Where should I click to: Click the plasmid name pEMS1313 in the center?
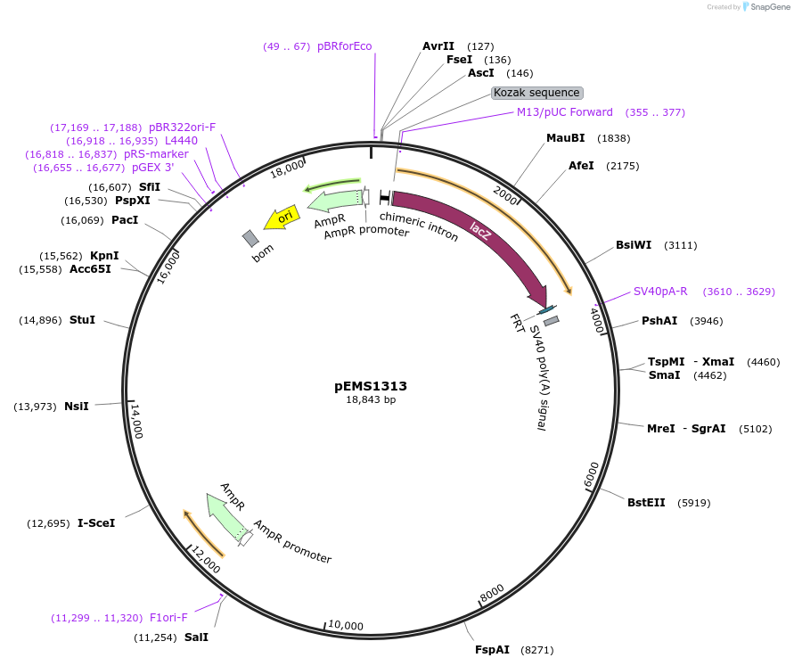click(371, 386)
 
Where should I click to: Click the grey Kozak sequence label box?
click(537, 93)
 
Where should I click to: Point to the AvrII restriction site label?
click(438, 46)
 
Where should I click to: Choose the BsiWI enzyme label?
click(633, 245)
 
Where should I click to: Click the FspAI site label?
click(492, 650)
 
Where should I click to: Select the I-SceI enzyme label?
click(96, 523)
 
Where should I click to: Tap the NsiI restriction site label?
click(77, 407)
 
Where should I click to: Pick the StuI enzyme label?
click(82, 320)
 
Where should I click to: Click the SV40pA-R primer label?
click(660, 292)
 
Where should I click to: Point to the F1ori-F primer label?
click(168, 617)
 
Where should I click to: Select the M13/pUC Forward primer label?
click(565, 112)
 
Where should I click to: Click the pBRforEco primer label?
click(345, 46)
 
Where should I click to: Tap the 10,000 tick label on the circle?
click(346, 626)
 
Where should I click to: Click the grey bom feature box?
click(250, 238)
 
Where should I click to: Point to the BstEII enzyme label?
click(646, 503)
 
